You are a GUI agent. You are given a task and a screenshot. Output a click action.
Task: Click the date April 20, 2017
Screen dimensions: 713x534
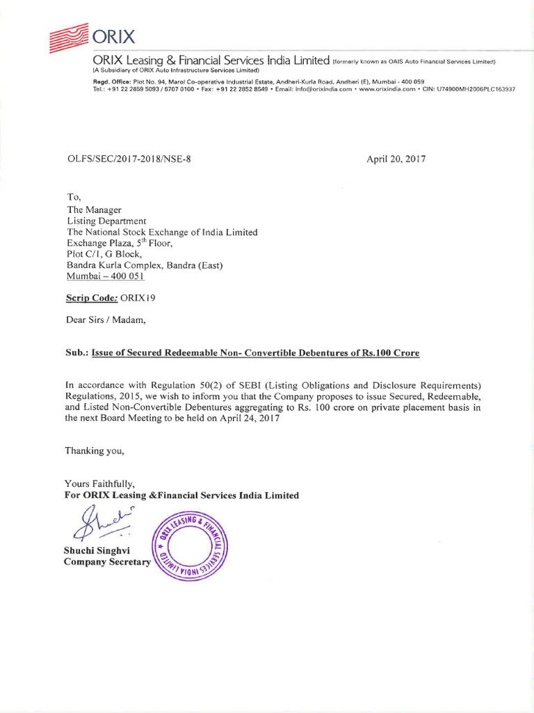point(396,159)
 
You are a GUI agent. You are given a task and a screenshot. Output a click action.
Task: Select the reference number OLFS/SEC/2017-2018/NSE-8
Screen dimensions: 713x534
point(128,159)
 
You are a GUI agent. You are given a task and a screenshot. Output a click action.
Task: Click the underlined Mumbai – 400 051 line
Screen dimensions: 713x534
point(105,276)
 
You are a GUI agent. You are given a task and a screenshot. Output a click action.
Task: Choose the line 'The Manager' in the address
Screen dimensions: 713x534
point(94,210)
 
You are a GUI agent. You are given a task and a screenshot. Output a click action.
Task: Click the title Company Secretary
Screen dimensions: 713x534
point(107,562)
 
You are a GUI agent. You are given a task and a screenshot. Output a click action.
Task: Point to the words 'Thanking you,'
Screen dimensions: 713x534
point(95,450)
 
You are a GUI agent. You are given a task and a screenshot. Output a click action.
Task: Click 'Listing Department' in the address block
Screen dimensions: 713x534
point(106,221)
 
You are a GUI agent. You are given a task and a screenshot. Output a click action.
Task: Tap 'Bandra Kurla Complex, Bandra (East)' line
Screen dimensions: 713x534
point(145,265)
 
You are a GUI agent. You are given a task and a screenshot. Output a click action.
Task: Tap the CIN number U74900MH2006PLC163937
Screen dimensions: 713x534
point(476,88)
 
